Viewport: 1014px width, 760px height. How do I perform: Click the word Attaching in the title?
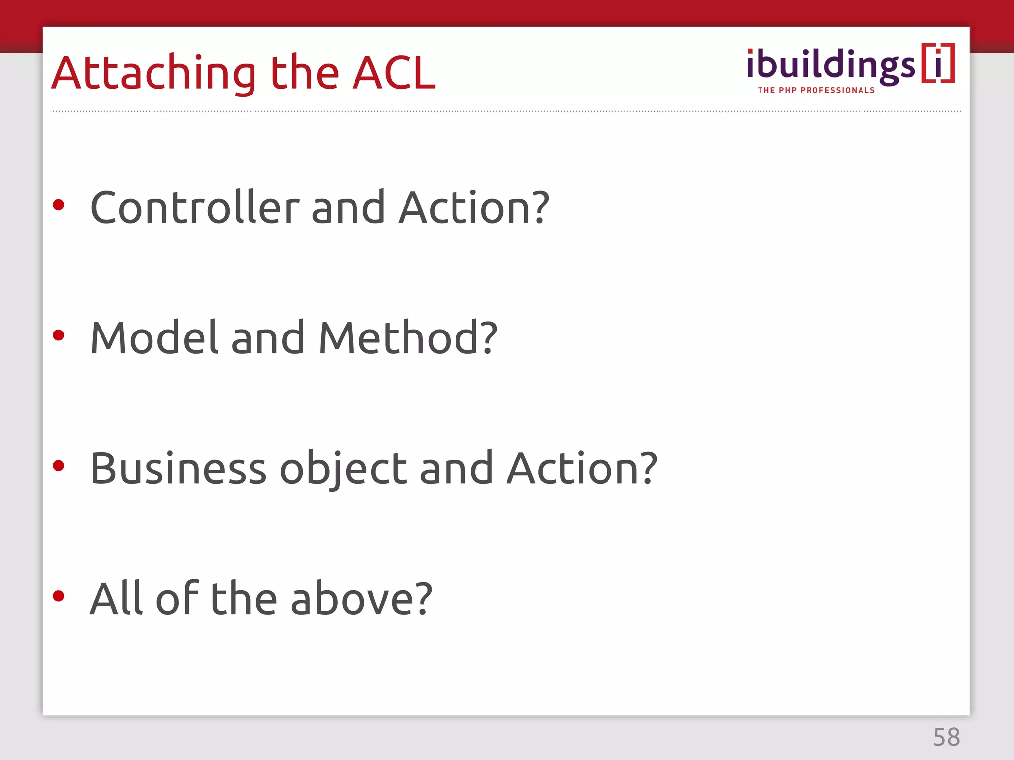point(154,74)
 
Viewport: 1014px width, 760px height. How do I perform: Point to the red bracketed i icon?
point(938,63)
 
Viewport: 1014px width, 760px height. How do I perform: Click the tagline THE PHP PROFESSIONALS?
point(816,90)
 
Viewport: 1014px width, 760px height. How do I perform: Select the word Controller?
point(195,208)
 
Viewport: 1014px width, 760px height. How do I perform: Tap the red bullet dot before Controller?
point(59,205)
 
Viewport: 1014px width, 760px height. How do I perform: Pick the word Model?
point(154,338)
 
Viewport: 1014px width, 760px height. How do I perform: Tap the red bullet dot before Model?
point(59,335)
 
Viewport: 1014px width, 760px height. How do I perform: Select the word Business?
point(178,469)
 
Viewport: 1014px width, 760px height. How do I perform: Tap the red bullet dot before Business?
point(59,466)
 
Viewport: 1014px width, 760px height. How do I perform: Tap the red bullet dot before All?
point(59,596)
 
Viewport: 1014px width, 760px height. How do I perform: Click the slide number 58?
point(946,737)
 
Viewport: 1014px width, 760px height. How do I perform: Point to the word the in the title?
point(304,74)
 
